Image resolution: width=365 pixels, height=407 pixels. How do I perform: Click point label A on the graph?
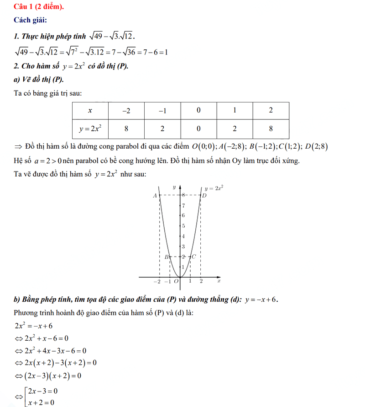155,195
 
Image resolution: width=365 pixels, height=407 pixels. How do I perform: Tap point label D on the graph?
204,196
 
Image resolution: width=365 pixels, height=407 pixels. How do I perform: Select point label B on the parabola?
167,257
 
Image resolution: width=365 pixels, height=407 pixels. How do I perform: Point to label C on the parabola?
194,257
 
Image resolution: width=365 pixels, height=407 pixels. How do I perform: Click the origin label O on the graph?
176,281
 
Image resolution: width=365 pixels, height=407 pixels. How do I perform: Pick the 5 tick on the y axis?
183,226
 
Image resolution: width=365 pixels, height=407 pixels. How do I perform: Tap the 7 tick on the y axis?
183,205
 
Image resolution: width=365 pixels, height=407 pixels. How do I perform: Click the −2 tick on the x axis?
157,281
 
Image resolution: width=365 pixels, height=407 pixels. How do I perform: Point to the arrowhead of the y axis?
180,186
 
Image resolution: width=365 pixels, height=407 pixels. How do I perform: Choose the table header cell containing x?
90,110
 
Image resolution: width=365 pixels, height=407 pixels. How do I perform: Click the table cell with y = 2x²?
90,129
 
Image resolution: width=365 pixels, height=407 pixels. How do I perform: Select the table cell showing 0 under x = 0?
198,129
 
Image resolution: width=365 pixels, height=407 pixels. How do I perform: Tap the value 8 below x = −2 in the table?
126,129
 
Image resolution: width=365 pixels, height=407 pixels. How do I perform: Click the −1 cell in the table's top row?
162,110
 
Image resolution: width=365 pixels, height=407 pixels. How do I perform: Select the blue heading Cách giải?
30,21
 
